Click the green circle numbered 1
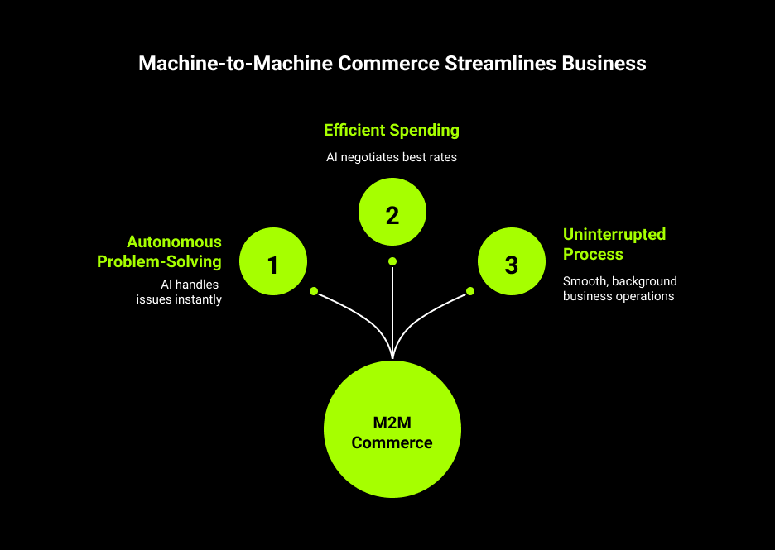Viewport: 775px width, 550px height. [x=273, y=264]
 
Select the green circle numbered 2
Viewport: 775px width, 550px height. [x=392, y=213]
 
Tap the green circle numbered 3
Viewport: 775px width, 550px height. [x=512, y=264]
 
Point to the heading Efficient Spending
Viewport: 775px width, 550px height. [x=392, y=130]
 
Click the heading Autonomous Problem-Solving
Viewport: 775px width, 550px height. [x=160, y=251]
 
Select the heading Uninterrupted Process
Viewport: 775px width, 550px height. [x=614, y=243]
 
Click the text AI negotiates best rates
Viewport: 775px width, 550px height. [x=392, y=156]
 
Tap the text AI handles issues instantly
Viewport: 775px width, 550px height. [x=180, y=292]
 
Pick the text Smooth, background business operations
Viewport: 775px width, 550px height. [x=619, y=289]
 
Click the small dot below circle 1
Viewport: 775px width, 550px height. [x=314, y=291]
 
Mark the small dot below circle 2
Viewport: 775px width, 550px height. [x=392, y=261]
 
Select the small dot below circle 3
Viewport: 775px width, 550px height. [x=470, y=291]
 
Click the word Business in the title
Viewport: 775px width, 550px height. [x=604, y=64]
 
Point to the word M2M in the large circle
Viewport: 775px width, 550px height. [x=392, y=423]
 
